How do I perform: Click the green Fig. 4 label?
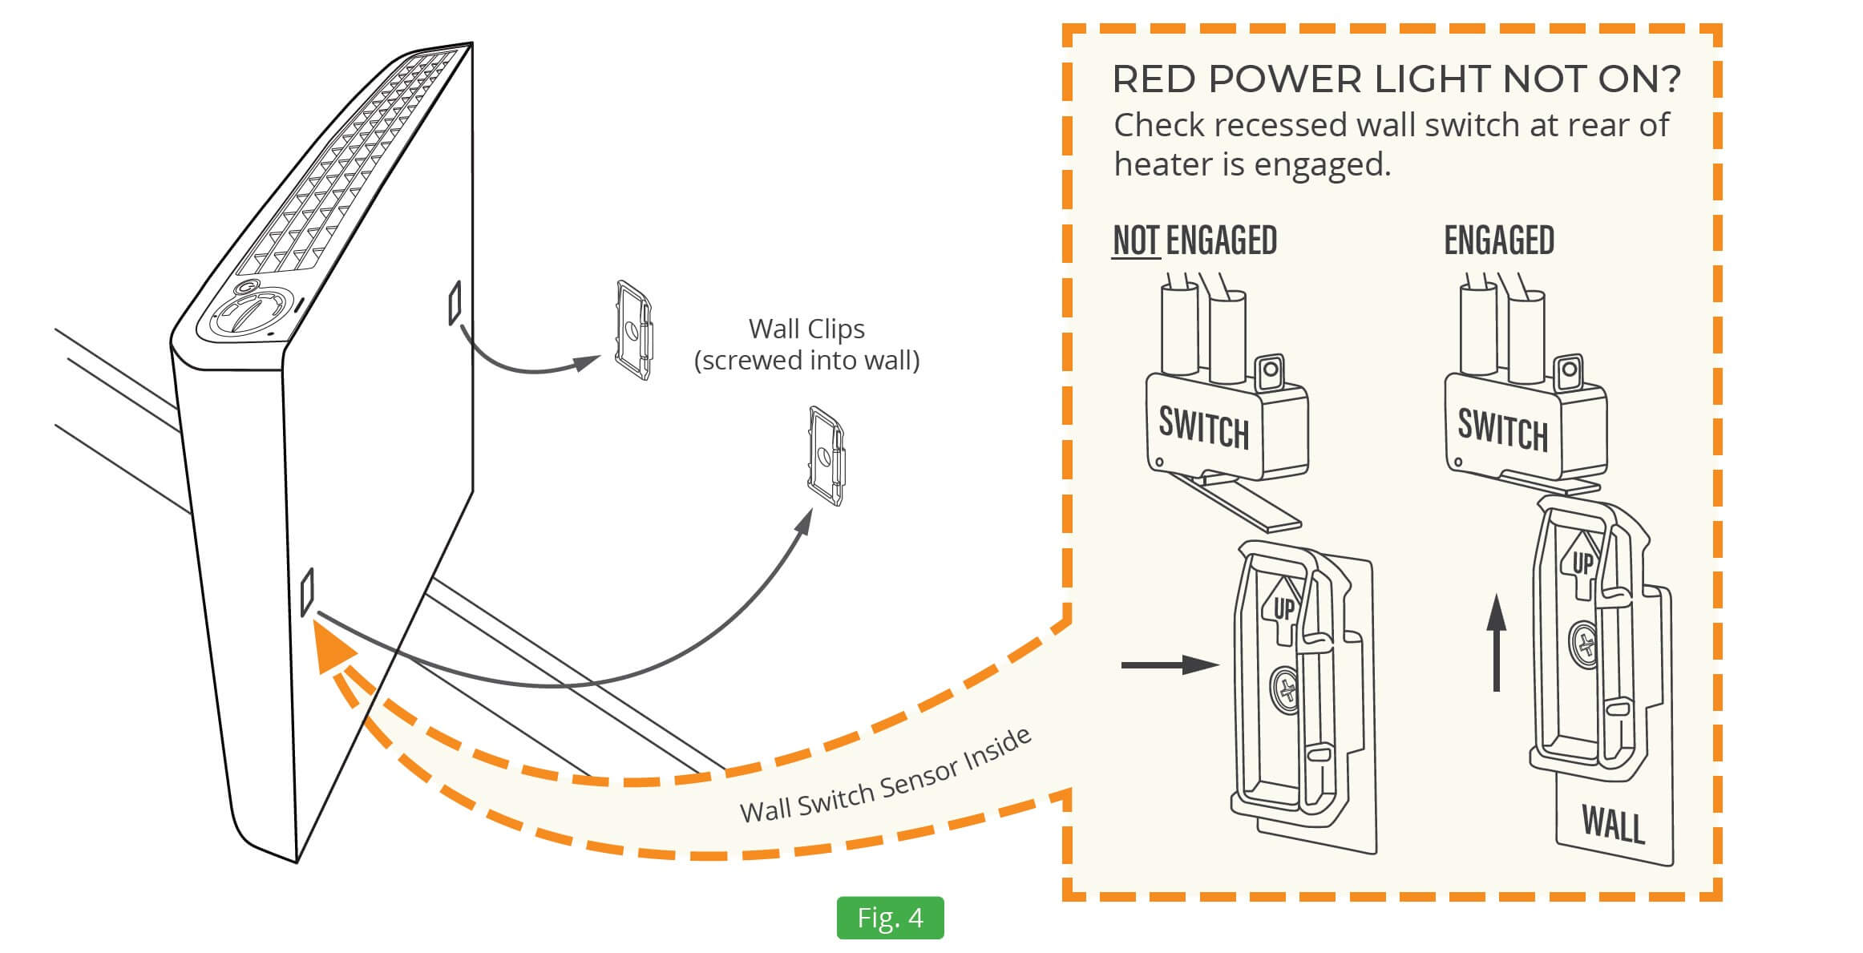(x=890, y=918)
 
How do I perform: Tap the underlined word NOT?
(x=1136, y=240)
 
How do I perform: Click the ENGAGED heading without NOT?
(x=1499, y=240)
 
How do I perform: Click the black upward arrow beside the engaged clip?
(x=1496, y=642)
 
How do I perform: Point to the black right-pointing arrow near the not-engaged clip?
(x=1170, y=664)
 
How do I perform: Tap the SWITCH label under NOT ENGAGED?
(x=1203, y=427)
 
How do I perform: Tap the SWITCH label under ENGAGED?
(x=1502, y=430)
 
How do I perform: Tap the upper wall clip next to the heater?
(x=632, y=329)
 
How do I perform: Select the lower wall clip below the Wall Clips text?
(x=826, y=456)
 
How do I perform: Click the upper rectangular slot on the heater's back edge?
(x=455, y=302)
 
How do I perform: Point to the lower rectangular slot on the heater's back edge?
(x=307, y=592)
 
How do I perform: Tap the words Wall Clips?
(x=806, y=329)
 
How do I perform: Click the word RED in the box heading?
(x=1154, y=79)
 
